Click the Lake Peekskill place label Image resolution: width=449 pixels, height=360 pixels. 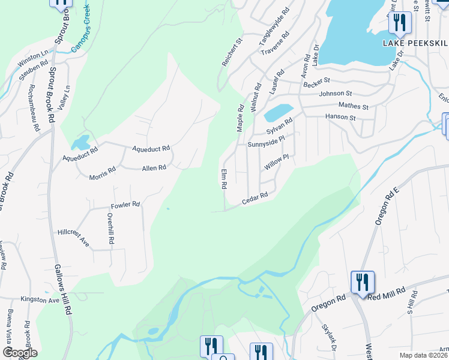(415, 43)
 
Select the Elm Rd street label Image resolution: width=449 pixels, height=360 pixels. (223, 179)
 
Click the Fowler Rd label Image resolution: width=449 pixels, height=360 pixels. (125, 204)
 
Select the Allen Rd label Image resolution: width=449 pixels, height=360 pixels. (154, 168)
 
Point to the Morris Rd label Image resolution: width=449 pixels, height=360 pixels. (102, 174)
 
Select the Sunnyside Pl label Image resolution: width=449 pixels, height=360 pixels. (265, 145)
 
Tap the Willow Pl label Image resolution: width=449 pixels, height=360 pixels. (278, 161)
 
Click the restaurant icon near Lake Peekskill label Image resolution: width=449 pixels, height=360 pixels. (399, 23)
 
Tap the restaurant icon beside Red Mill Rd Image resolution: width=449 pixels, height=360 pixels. (362, 281)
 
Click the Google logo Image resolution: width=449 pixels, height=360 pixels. (20, 353)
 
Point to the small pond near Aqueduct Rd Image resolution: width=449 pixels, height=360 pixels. (80, 143)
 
